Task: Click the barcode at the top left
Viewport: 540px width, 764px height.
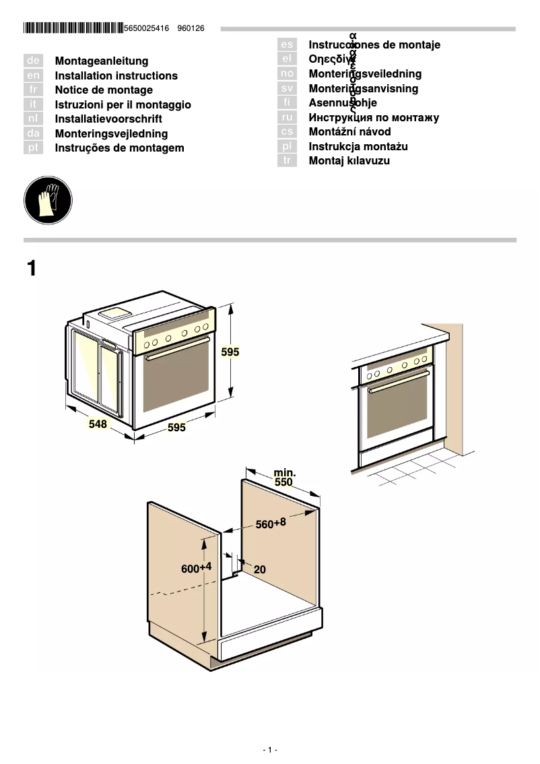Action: pos(73,28)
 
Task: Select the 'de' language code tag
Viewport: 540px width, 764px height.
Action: pos(33,61)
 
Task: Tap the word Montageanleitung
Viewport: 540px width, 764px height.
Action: pos(102,61)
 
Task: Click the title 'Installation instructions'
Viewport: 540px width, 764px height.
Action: pos(116,76)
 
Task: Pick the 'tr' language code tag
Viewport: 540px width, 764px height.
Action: pos(287,161)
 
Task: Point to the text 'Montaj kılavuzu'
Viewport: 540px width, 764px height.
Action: pos(349,161)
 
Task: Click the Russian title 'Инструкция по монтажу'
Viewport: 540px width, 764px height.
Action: pos(374,118)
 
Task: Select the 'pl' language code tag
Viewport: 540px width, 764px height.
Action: pos(287,146)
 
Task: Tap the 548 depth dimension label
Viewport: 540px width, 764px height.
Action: pos(98,424)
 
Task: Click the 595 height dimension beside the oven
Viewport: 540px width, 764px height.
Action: pos(230,352)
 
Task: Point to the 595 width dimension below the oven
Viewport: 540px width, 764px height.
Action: pos(176,428)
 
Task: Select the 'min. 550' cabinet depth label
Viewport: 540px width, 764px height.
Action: pos(283,478)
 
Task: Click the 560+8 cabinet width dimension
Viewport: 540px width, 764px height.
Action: pos(271,523)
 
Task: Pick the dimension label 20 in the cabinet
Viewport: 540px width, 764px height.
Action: pos(260,569)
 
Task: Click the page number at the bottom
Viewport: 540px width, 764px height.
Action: pos(270,750)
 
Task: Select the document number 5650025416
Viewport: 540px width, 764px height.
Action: pos(147,28)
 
